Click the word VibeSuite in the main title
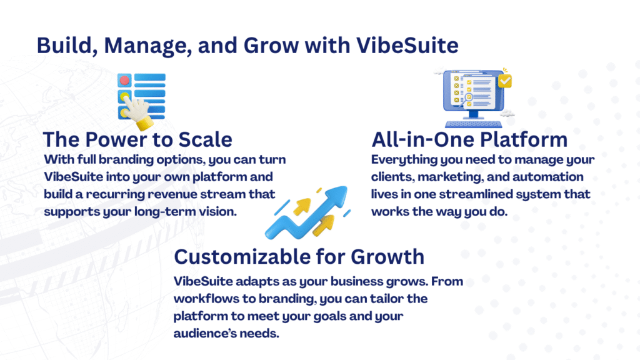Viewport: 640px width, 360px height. pos(407,45)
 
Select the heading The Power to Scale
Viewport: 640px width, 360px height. pos(137,139)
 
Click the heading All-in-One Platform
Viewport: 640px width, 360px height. pos(469,139)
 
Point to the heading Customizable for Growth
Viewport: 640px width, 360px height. pos(299,257)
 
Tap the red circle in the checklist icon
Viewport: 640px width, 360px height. pos(124,80)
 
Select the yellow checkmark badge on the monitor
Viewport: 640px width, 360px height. pos(505,81)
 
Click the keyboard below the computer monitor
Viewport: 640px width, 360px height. pos(474,124)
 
